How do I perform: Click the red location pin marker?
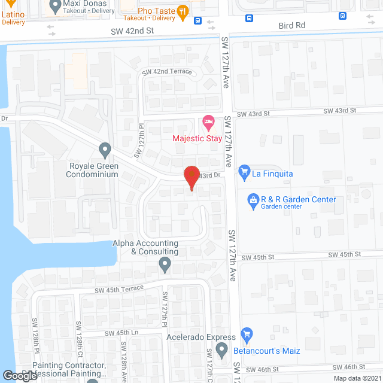click(x=191, y=176)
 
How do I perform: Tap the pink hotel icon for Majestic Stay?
click(x=208, y=124)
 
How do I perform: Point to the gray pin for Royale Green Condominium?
click(x=105, y=148)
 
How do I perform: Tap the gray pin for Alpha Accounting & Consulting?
click(x=165, y=263)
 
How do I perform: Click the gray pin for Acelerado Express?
click(x=222, y=349)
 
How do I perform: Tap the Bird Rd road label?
click(x=292, y=26)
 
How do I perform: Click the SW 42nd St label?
click(x=133, y=30)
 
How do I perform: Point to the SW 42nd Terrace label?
click(x=167, y=71)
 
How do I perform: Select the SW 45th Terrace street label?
click(x=119, y=289)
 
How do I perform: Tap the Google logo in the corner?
click(x=19, y=375)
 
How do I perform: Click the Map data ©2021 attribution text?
click(x=356, y=378)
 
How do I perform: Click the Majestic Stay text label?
click(x=197, y=139)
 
